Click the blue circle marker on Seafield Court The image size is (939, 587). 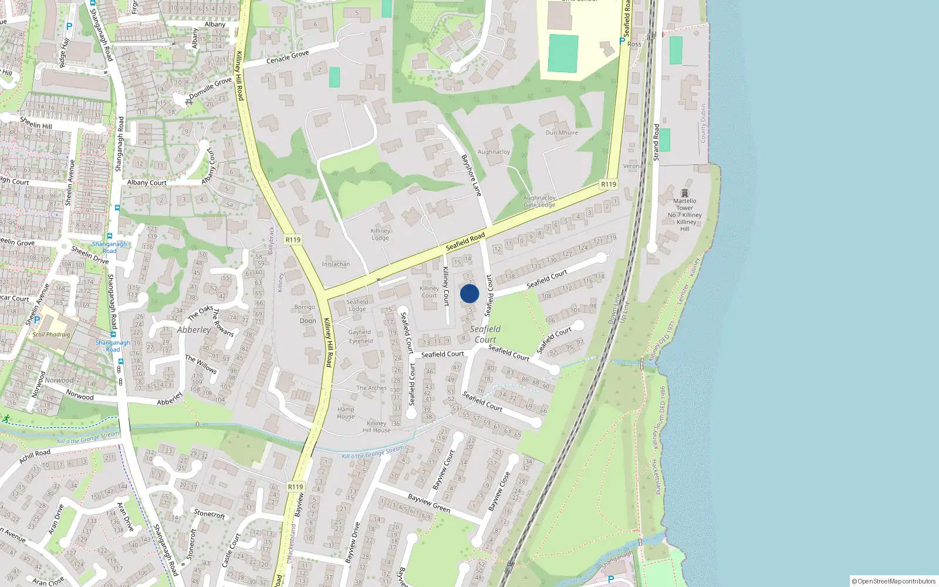click(x=469, y=293)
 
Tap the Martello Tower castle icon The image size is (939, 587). click(x=684, y=193)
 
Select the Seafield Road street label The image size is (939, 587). click(x=465, y=241)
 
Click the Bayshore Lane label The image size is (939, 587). click(x=471, y=175)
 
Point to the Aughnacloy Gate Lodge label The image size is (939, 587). click(x=539, y=201)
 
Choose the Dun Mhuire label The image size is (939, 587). click(x=562, y=133)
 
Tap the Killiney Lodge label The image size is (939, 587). click(x=380, y=234)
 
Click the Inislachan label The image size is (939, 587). click(x=336, y=264)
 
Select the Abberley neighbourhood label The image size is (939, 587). click(x=194, y=330)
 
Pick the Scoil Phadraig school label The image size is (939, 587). click(x=50, y=335)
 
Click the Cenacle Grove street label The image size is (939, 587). click(x=288, y=58)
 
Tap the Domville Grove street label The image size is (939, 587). click(x=211, y=88)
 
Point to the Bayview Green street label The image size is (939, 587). click(x=429, y=504)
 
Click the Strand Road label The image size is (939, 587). click(x=656, y=142)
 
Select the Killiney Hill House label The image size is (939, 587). click(x=376, y=427)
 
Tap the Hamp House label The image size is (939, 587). click(x=346, y=413)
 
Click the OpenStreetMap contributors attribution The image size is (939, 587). click(x=893, y=581)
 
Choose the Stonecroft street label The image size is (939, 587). click(x=210, y=514)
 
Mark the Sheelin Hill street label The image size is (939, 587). click(x=36, y=123)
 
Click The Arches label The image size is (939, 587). click(x=371, y=388)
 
